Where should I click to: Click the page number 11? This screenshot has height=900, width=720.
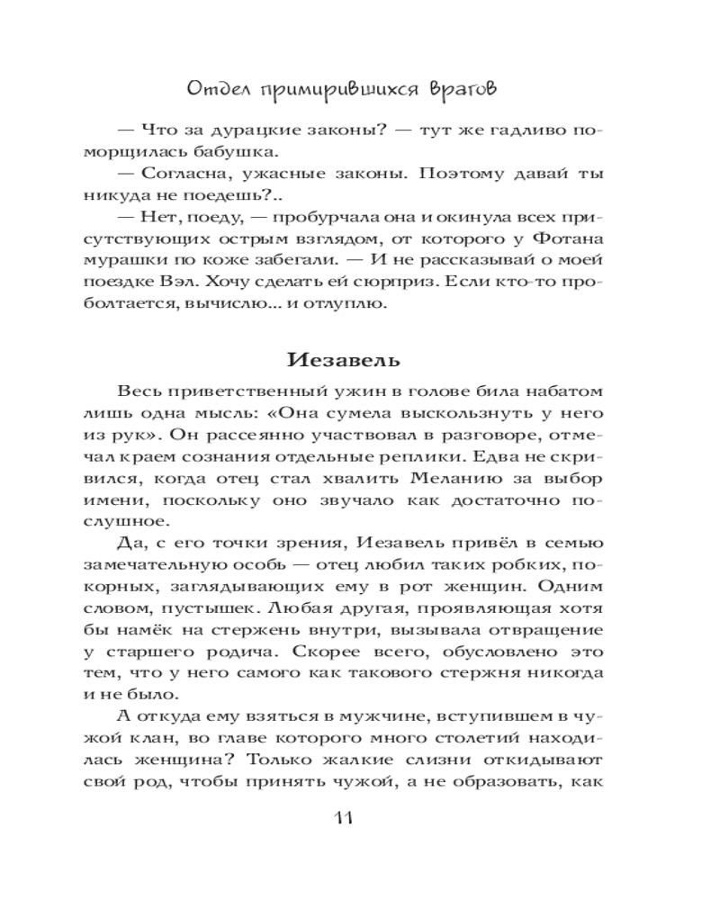point(347,817)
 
